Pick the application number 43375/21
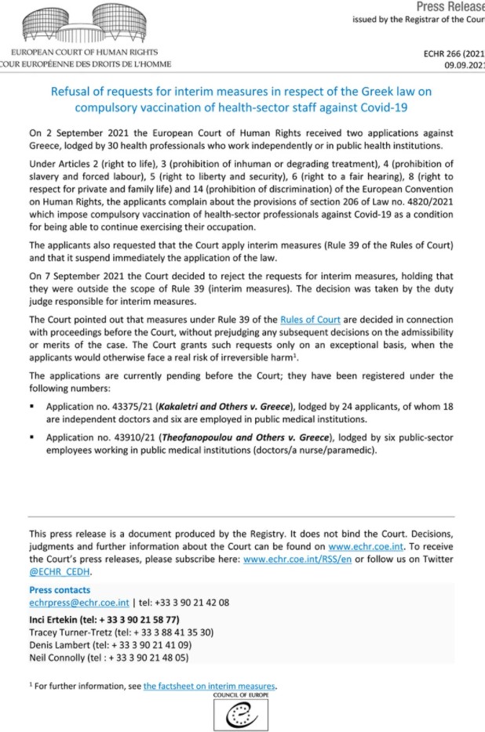coord(129,408)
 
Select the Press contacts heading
coord(60,590)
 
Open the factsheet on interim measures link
coord(210,686)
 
